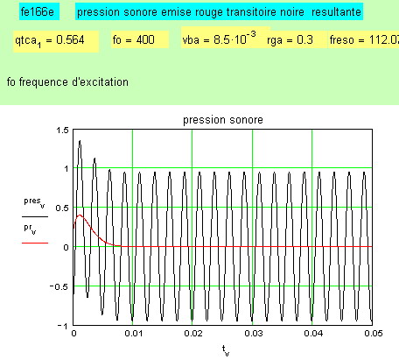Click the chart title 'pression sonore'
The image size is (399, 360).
point(223,120)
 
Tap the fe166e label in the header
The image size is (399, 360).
point(38,12)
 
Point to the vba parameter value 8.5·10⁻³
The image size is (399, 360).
point(234,39)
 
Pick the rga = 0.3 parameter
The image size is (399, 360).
point(290,39)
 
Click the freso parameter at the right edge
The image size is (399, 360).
point(364,39)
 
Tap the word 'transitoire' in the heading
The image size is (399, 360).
point(265,12)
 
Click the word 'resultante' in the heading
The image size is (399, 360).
point(336,12)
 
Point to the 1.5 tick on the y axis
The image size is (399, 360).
point(62,130)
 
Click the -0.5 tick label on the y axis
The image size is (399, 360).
point(59,286)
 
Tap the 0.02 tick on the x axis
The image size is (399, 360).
point(192,334)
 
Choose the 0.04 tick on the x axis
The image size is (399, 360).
point(313,334)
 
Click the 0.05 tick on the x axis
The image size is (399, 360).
point(374,334)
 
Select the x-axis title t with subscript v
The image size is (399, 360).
point(226,350)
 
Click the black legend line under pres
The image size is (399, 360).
point(35,217)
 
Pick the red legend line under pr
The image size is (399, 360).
point(35,243)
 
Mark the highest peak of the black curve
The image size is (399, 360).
point(80,141)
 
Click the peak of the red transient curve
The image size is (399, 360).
point(80,215)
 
